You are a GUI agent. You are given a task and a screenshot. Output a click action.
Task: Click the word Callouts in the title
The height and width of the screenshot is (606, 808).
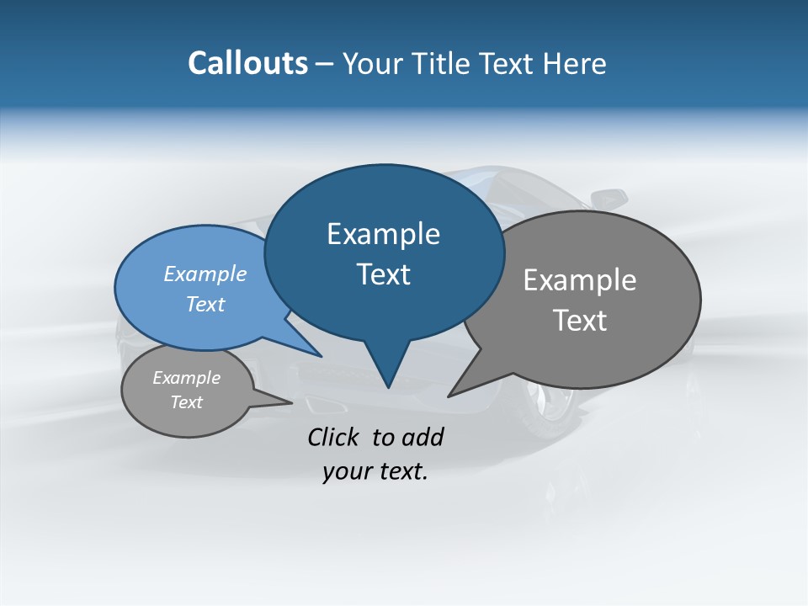coord(247,63)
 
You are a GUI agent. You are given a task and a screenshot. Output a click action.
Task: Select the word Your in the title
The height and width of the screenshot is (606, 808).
coord(374,63)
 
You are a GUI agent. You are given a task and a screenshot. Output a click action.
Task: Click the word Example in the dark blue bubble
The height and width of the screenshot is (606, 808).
coord(383,234)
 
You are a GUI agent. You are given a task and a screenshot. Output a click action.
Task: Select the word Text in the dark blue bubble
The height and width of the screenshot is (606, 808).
coord(384,274)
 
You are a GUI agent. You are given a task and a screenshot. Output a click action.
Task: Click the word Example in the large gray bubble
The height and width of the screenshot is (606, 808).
coord(580,280)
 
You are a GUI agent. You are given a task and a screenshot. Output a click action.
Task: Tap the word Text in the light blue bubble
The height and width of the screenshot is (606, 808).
coord(205,304)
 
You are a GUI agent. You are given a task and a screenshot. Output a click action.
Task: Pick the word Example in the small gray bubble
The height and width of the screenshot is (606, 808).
coord(187,378)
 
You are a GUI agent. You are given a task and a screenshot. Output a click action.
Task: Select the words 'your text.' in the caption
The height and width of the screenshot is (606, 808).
coord(375,471)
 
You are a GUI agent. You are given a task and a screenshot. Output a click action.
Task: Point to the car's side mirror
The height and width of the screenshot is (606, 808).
coord(609,199)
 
